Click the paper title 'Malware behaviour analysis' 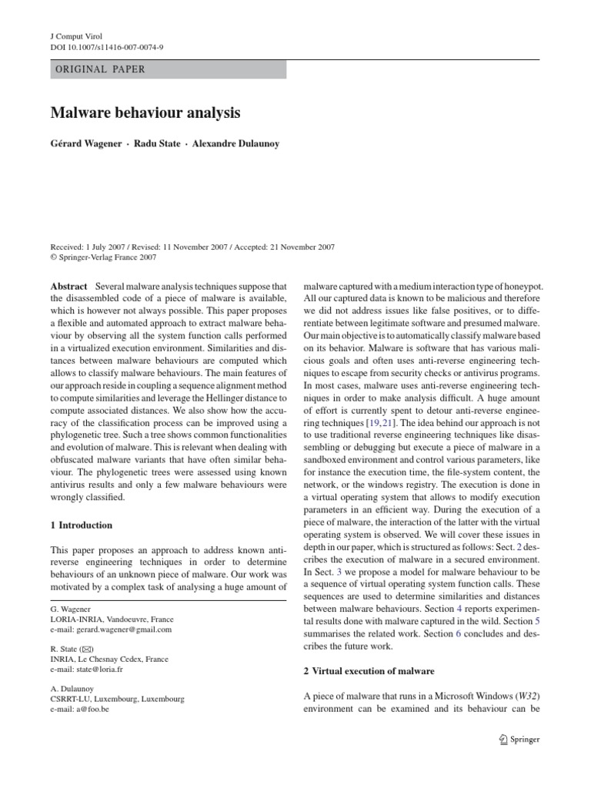point(145,113)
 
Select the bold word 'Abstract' point(69,286)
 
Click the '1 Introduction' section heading point(81,525)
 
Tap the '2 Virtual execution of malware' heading point(369,671)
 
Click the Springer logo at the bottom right point(515,740)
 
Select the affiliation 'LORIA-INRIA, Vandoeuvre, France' point(112,619)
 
